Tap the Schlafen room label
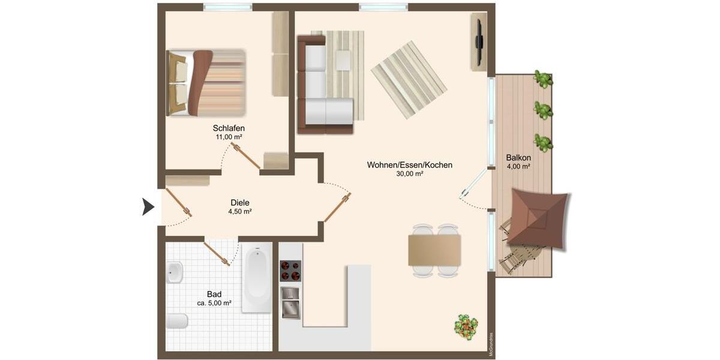229,128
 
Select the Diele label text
239,203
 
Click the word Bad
214,294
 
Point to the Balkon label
518,158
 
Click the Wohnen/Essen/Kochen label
409,165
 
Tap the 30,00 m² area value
409,174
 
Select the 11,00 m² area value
229,137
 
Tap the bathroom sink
175,273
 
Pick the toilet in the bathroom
176,321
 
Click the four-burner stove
290,271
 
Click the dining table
434,250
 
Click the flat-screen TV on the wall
479,41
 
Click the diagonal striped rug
409,79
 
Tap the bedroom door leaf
247,155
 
